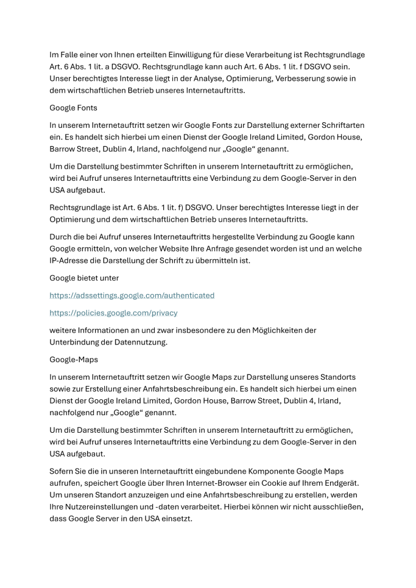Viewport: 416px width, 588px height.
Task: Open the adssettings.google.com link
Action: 132,295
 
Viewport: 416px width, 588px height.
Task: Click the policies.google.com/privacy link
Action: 113,313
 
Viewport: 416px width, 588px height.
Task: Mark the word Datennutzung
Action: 152,341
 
